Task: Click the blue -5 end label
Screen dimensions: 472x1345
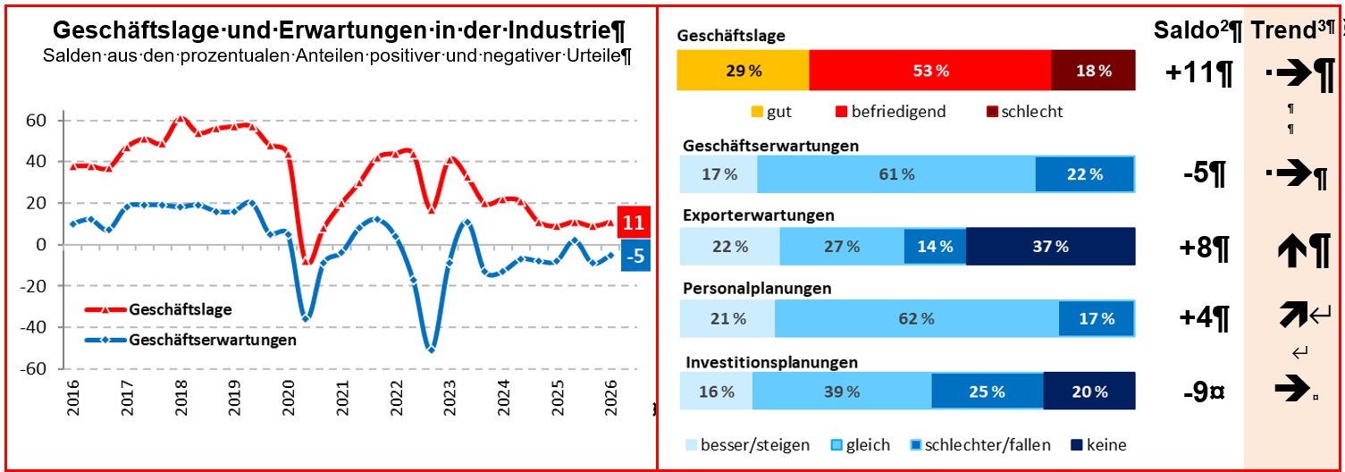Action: pyautogui.click(x=635, y=257)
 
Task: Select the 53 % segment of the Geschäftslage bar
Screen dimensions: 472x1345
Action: pyautogui.click(x=929, y=71)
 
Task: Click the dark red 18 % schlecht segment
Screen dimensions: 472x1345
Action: pyautogui.click(x=1093, y=71)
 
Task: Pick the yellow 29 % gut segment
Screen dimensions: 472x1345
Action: pyautogui.click(x=743, y=71)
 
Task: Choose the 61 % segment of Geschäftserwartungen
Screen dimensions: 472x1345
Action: pyautogui.click(x=896, y=174)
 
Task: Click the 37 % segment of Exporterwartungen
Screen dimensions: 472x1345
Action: pyautogui.click(x=1050, y=247)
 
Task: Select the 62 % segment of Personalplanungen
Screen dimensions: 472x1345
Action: pyautogui.click(x=917, y=318)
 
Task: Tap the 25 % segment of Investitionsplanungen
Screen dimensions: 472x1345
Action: pyautogui.click(x=988, y=392)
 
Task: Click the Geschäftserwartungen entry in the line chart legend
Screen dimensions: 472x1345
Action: pyautogui.click(x=212, y=341)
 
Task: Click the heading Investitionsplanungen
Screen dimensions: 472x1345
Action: pyautogui.click(x=772, y=362)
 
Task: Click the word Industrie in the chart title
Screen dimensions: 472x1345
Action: pyautogui.click(x=555, y=30)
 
